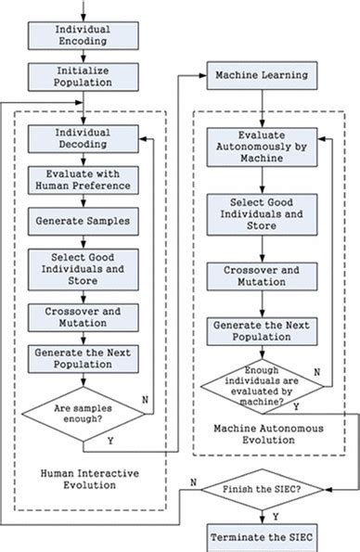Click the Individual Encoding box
pos(84,35)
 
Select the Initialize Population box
pos(84,77)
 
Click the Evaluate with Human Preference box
pos(84,178)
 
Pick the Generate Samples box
pos(84,221)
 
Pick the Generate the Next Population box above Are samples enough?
pos(84,359)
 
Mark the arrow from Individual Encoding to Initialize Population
pos(84,57)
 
